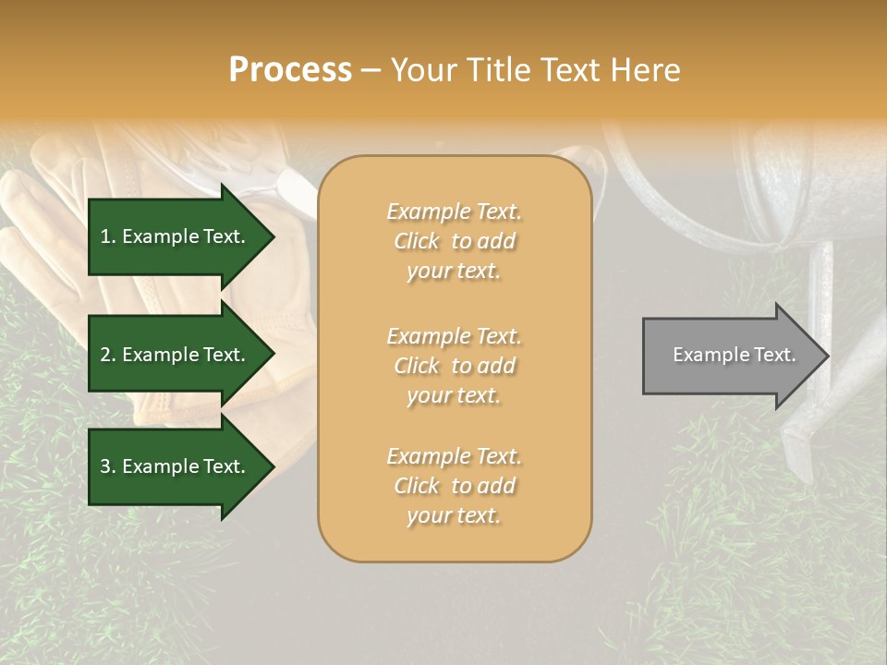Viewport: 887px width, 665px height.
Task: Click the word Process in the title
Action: (x=290, y=70)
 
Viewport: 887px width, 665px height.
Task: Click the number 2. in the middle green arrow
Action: (x=108, y=355)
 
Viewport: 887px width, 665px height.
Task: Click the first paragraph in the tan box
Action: (x=454, y=241)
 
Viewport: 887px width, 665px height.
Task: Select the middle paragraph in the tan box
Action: (x=454, y=365)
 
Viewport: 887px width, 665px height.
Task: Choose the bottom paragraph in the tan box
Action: (x=454, y=486)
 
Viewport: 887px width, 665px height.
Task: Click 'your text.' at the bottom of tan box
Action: (x=454, y=515)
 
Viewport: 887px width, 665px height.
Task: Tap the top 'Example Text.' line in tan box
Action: (x=454, y=212)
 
